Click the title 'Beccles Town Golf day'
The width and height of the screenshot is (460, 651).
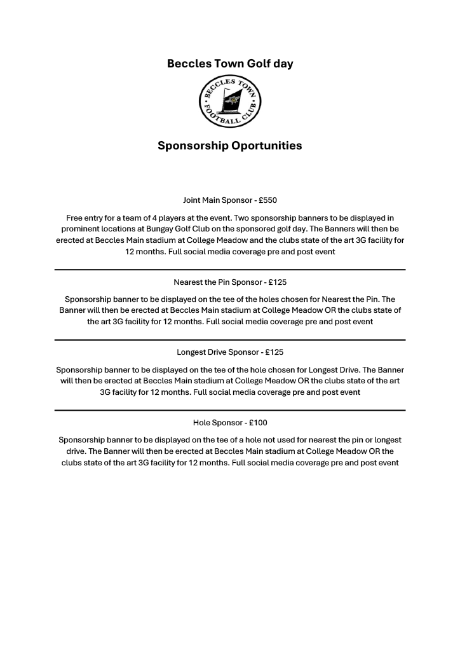(230, 64)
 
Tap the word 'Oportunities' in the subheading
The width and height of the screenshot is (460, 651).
(266, 146)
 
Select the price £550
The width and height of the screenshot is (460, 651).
(267, 200)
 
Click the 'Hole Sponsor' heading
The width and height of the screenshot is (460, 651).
(217, 422)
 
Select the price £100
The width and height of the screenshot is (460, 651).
(258, 422)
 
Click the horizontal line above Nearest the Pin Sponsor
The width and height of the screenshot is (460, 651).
(230, 270)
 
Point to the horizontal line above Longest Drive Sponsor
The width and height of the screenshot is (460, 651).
(230, 340)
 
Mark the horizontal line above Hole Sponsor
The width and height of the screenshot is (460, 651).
(230, 410)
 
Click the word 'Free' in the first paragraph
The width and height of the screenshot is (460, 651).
(75, 217)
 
